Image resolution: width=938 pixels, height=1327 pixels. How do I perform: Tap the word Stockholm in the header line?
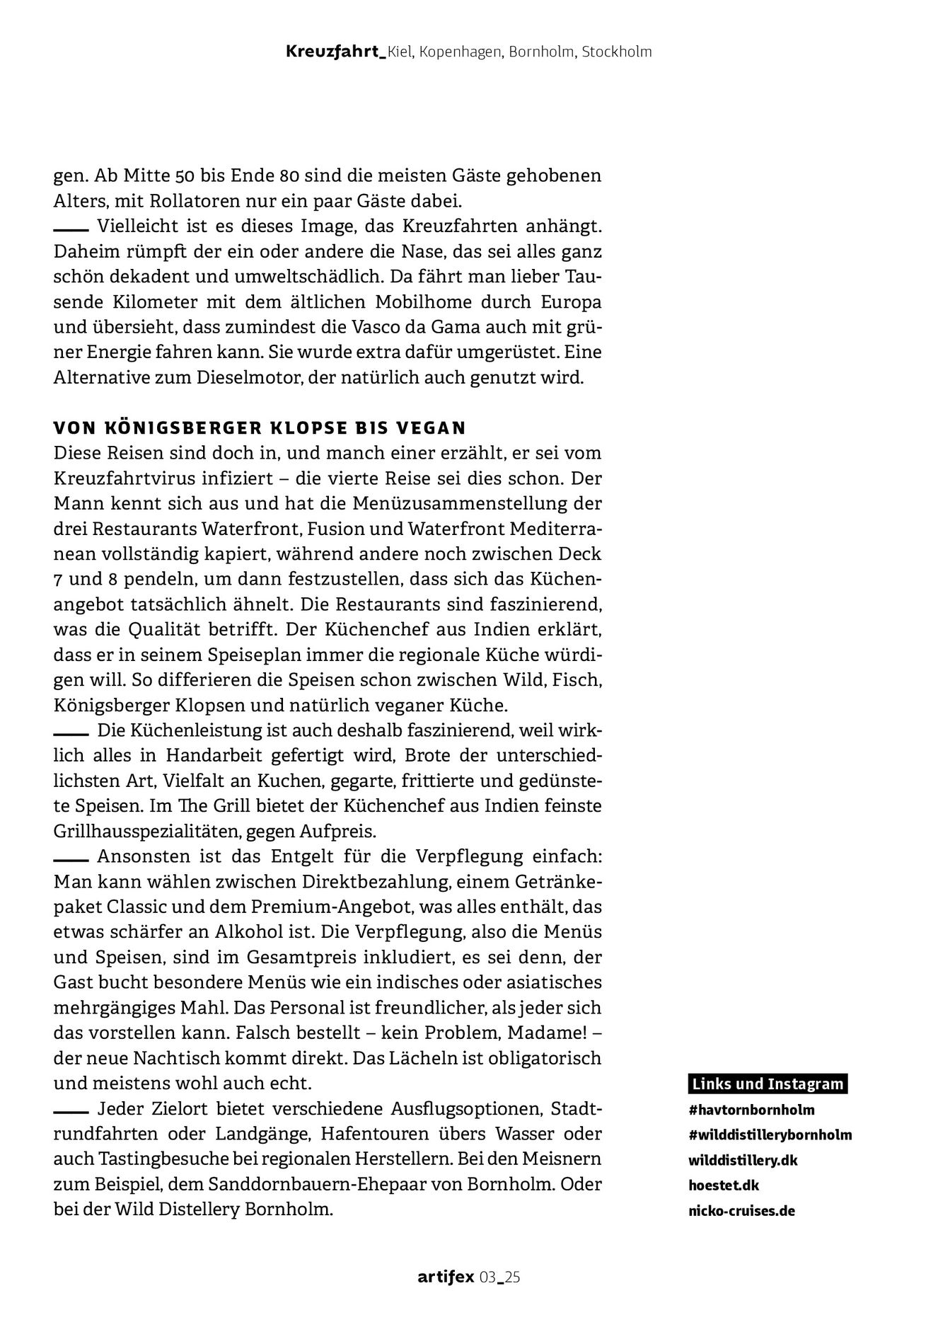point(616,52)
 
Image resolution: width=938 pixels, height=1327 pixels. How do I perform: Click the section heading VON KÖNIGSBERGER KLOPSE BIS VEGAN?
point(260,427)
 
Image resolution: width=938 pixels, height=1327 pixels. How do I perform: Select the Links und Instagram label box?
point(768,1084)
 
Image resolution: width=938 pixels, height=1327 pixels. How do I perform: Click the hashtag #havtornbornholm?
point(751,1109)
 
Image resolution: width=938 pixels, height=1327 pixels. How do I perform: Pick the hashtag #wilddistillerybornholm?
point(770,1134)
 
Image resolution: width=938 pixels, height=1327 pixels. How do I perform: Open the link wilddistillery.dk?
point(743,1161)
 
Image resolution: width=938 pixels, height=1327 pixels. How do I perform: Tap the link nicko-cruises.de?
point(741,1210)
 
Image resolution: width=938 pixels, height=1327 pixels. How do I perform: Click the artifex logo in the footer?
point(446,1277)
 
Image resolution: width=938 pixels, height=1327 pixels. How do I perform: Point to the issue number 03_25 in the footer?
point(500,1277)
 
